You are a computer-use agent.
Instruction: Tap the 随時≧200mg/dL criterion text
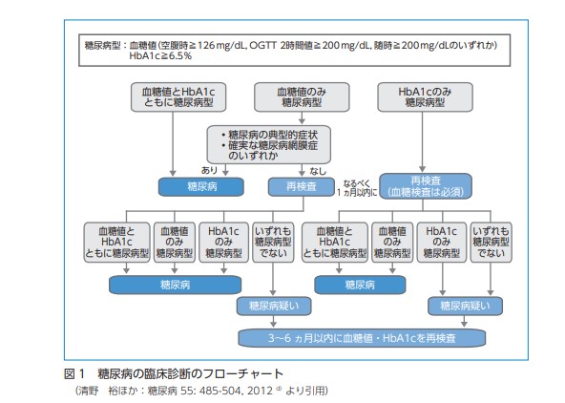[x=421, y=45]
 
